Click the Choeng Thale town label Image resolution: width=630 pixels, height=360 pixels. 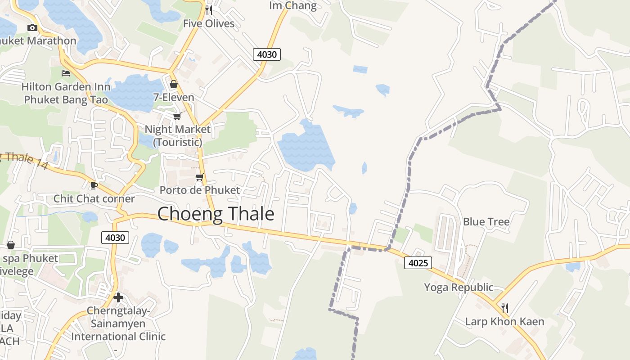[x=216, y=214]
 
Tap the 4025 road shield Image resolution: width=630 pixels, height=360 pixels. [x=418, y=262]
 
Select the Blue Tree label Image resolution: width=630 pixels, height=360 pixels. [x=486, y=222]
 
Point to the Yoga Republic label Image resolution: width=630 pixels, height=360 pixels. [x=459, y=287]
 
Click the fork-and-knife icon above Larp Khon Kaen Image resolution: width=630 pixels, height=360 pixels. [x=505, y=308]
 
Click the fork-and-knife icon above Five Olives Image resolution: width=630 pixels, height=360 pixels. [x=209, y=10]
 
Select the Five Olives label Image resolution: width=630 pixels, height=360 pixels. [x=209, y=23]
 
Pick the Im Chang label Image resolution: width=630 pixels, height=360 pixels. [x=293, y=5]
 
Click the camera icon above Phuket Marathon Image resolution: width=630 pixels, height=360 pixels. [x=32, y=27]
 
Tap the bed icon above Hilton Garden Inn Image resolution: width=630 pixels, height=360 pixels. [x=66, y=73]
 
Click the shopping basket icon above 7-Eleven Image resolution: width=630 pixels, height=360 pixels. [x=174, y=84]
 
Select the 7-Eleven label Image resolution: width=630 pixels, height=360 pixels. [x=174, y=97]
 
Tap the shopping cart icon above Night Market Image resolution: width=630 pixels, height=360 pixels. [x=177, y=116]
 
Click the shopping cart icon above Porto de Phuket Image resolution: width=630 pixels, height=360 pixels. [x=199, y=177]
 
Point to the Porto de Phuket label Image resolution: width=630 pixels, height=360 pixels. [x=200, y=190]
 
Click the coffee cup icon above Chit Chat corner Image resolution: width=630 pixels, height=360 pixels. [x=94, y=185]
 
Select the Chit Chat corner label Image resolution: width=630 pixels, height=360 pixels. [x=94, y=198]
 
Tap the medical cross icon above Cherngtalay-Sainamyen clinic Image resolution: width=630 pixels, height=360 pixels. [x=118, y=297]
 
